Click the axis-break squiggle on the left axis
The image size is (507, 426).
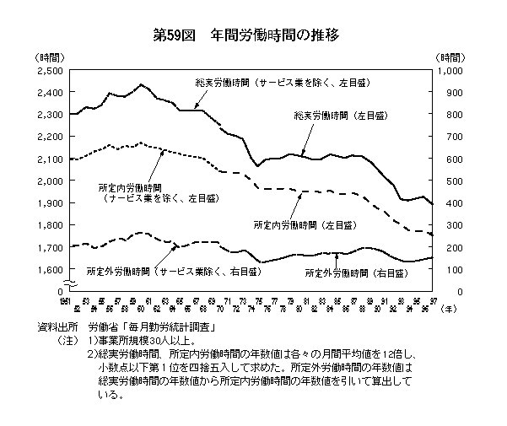pos(65,281)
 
